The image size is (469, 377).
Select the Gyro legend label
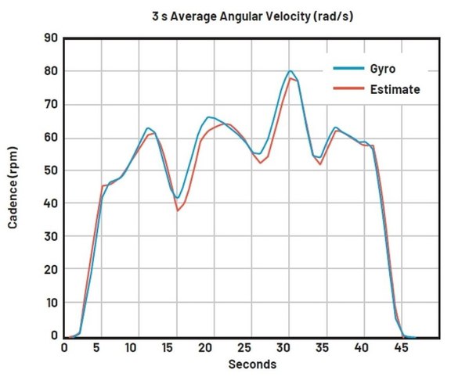pos(383,69)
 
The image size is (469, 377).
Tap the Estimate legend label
pos(395,89)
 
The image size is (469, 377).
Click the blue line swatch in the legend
pos(348,68)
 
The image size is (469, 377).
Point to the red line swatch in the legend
pos(348,88)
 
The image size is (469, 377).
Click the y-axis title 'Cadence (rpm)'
pos(13,188)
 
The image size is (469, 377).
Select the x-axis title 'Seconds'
pos(252,364)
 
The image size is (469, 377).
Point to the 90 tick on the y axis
pos(51,38)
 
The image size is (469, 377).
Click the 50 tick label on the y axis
pos(51,171)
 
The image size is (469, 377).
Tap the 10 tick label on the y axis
pos(52,303)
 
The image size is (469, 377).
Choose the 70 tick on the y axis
pos(51,105)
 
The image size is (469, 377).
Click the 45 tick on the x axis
pos(401,348)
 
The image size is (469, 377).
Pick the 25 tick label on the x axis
pos(244,348)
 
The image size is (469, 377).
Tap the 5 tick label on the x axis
pos(96,348)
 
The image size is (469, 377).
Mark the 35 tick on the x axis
pos(322,348)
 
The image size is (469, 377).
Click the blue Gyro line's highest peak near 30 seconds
pos(290,71)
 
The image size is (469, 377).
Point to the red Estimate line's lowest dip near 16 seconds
pos(178,211)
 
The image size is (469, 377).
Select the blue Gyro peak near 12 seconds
pos(148,128)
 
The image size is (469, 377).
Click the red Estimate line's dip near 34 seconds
pos(320,164)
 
